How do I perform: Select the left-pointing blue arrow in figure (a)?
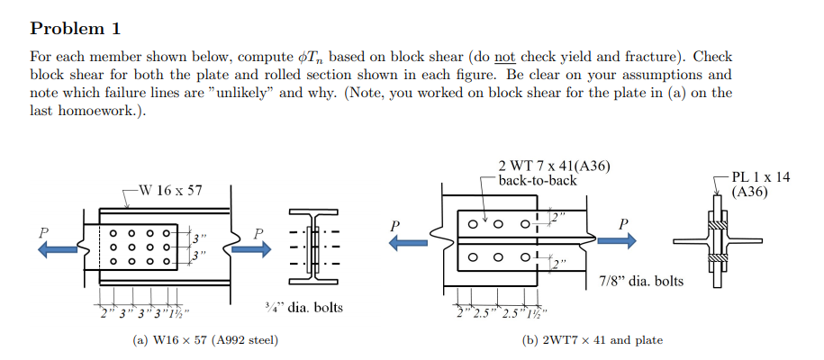click(x=59, y=248)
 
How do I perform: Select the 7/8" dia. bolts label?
click(x=640, y=282)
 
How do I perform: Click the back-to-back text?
click(x=537, y=180)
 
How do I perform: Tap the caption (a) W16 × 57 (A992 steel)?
click(x=205, y=340)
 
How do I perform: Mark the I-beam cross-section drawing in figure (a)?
click(x=313, y=242)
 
